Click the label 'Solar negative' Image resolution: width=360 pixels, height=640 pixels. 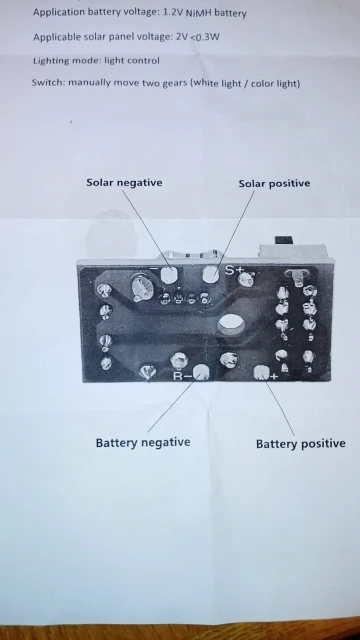click(124, 182)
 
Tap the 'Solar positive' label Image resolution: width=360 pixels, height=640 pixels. click(274, 183)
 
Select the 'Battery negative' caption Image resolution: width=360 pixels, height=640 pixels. click(143, 442)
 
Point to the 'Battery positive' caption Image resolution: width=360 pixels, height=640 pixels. click(301, 444)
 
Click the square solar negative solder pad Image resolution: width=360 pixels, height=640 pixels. click(169, 275)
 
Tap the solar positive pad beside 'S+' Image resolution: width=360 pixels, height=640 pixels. click(211, 274)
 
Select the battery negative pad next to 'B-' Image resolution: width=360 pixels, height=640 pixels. click(201, 372)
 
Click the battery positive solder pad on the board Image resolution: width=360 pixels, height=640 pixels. click(261, 373)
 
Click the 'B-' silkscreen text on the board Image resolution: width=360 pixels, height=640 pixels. click(182, 376)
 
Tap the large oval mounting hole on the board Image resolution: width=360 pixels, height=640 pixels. click(231, 324)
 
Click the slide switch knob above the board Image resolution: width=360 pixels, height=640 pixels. click(284, 240)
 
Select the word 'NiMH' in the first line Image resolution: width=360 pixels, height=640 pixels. click(199, 13)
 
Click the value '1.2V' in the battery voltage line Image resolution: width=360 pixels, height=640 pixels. click(173, 12)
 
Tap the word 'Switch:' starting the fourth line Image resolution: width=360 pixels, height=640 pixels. click(49, 82)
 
